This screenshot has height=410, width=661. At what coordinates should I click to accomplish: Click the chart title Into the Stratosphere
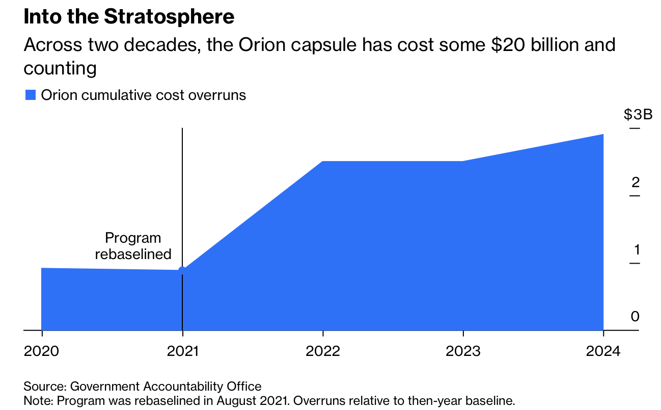click(129, 17)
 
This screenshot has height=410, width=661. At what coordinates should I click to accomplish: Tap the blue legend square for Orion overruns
click(31, 95)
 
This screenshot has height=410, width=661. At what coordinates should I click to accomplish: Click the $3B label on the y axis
click(638, 114)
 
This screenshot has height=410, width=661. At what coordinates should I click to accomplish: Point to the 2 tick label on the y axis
click(635, 182)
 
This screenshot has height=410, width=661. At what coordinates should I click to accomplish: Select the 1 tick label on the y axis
click(636, 250)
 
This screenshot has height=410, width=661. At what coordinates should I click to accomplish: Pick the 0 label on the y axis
click(635, 317)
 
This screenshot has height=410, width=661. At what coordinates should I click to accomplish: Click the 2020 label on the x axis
click(41, 351)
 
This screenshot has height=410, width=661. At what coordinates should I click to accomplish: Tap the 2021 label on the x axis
click(182, 351)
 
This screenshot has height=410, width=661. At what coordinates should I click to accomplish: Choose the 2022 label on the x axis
click(323, 351)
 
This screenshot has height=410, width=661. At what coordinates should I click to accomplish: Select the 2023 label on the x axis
click(463, 351)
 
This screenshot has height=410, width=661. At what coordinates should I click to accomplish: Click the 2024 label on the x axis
click(603, 351)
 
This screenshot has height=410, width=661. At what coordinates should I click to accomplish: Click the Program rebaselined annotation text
click(133, 246)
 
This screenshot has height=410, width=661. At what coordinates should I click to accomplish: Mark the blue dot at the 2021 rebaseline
click(182, 270)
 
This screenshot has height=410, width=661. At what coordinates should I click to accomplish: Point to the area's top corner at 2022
click(323, 162)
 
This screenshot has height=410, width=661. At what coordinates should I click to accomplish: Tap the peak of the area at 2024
click(603, 135)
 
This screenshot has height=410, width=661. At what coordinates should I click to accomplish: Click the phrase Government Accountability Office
click(166, 386)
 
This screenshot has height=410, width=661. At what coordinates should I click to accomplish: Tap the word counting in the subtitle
click(60, 68)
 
